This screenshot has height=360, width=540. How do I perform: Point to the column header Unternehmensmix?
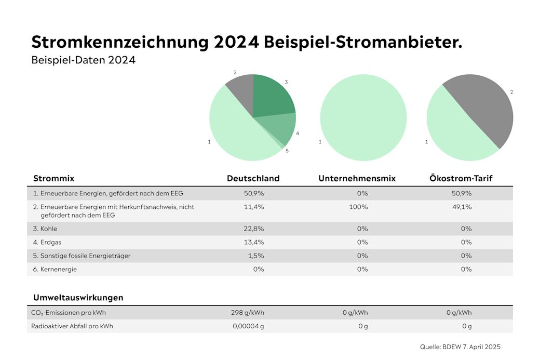357,178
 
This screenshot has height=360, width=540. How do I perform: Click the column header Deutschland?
253,178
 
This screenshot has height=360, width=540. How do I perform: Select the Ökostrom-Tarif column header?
461,178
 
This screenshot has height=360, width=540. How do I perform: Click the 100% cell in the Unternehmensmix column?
362,207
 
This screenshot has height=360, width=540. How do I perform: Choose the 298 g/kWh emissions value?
247,313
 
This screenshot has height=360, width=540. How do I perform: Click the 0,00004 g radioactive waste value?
248,326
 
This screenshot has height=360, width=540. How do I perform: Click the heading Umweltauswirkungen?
78,298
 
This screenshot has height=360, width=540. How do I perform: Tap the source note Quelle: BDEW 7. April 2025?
460,346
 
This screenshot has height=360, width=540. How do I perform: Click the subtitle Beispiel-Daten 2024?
83,60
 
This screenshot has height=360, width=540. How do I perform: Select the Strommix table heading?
53,178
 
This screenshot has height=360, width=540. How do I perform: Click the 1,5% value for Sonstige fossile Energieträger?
255,256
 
